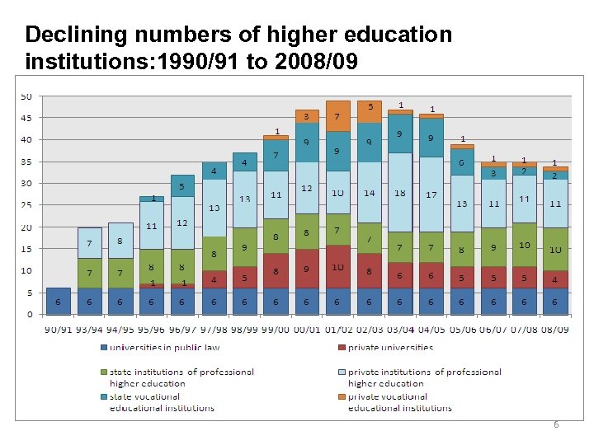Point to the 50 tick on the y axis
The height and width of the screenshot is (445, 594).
26,96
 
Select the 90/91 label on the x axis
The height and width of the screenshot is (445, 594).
59,330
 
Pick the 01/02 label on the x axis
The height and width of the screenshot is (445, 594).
337,330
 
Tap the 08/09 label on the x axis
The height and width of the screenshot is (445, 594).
554,330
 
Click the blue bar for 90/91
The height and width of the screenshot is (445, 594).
59,301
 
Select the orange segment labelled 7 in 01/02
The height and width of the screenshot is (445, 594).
337,116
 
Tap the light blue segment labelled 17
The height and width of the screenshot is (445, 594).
431,195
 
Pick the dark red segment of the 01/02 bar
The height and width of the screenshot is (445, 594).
337,266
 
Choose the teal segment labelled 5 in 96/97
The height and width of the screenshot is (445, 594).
182,186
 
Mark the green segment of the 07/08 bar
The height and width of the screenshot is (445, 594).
524,245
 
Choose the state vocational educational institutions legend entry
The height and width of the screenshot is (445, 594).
162,401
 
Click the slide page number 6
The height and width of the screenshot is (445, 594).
556,424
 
